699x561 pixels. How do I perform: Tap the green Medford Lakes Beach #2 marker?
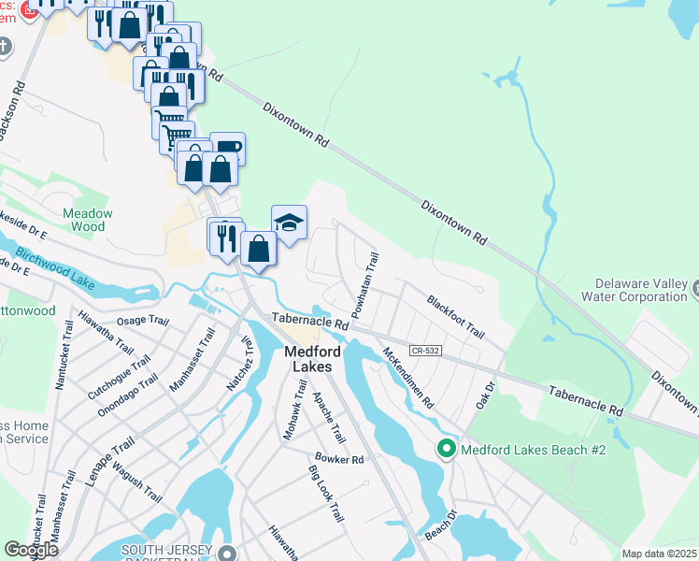pos(447,450)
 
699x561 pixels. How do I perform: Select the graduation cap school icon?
pos(289,223)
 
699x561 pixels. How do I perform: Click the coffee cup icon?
pos(227,147)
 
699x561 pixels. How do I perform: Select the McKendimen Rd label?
pos(408,379)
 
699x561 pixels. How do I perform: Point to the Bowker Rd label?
pos(338,459)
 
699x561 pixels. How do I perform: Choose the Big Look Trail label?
pos(324,494)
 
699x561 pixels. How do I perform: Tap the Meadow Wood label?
pos(88,220)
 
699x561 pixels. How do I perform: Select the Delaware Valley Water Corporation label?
pos(643,290)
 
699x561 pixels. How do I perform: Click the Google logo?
pos(31,550)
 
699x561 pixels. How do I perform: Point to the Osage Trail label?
pos(142,321)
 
